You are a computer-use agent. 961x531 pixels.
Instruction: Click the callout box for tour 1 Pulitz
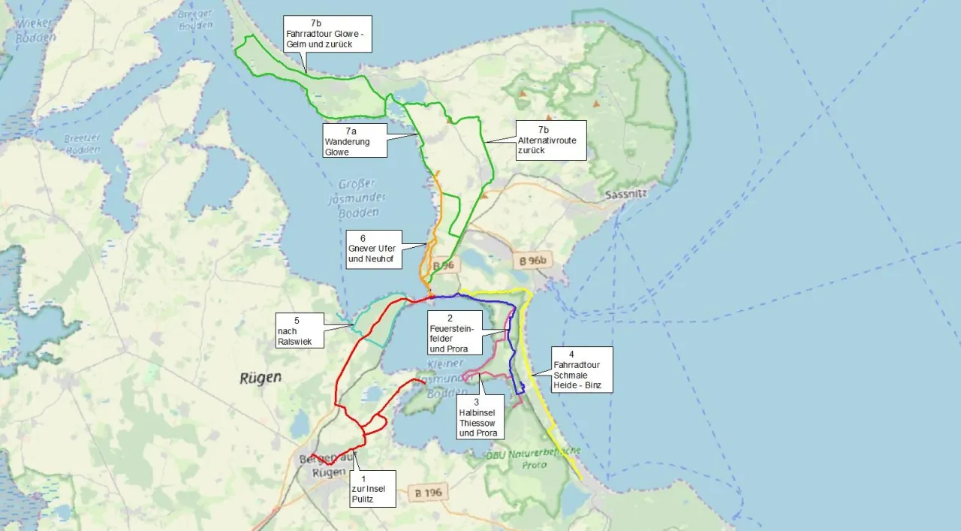(x=372, y=488)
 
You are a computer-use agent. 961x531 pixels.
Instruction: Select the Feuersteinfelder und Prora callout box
(x=453, y=333)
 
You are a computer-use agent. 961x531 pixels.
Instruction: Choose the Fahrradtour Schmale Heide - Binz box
(x=580, y=370)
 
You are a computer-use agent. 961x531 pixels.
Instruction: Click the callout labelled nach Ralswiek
(x=300, y=331)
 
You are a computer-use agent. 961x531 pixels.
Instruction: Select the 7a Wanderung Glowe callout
(x=354, y=140)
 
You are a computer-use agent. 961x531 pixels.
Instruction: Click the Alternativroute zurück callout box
(x=550, y=140)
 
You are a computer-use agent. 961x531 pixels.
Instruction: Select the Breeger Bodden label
(x=194, y=19)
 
